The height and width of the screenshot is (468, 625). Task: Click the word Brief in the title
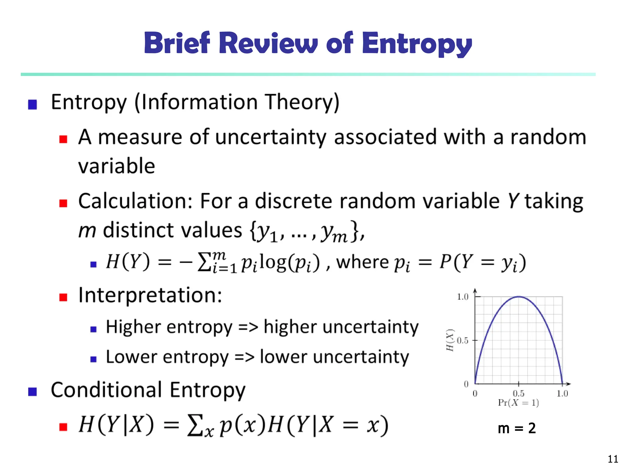click(177, 43)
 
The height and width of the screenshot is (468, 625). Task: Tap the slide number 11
click(613, 459)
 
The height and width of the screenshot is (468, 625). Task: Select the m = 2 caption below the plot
click(517, 428)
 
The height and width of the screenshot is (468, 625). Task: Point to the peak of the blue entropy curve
click(519, 296)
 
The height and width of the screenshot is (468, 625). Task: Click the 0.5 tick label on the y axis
click(463, 340)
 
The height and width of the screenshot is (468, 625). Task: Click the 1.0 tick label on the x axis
click(562, 394)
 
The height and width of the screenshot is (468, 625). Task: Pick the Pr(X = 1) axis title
click(518, 403)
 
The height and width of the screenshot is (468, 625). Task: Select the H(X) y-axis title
click(450, 340)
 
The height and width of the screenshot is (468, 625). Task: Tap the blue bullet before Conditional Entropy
click(32, 392)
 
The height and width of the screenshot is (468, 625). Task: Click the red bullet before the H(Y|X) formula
click(63, 427)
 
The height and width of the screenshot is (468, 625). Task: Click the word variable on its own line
click(117, 166)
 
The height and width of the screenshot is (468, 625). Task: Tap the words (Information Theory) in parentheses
click(237, 102)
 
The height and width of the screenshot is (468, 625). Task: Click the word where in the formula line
click(363, 262)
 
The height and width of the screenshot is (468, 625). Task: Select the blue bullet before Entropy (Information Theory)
click(32, 105)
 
